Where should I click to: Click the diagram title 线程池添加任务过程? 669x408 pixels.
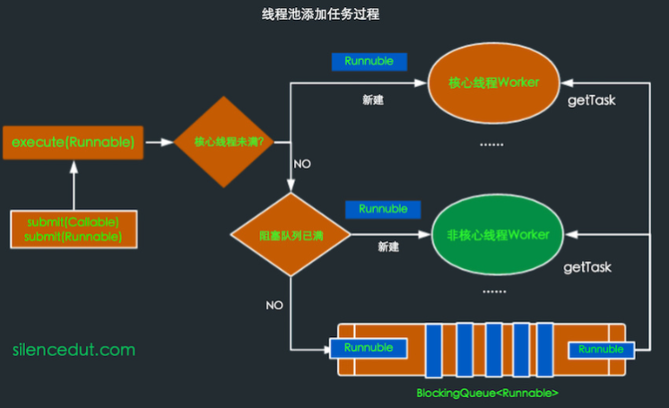[334, 15]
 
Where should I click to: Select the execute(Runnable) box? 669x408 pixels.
[74, 143]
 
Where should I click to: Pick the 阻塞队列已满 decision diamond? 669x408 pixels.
[290, 236]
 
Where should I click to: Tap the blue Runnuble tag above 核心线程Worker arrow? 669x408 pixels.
[369, 62]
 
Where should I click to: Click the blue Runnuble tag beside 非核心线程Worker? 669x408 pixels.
[383, 209]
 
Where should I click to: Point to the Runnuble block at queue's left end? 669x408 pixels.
[369, 348]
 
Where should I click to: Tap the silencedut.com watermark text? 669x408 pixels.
[74, 349]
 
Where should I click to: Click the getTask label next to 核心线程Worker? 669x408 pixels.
[592, 100]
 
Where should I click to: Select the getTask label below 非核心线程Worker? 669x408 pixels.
[586, 267]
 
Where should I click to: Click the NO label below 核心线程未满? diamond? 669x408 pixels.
[302, 164]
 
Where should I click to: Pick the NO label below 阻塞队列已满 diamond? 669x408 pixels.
[274, 305]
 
